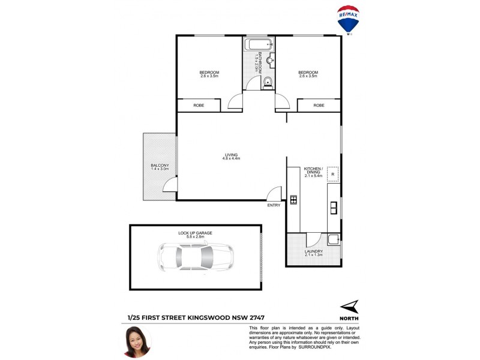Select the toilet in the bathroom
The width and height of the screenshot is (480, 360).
tap(268, 83)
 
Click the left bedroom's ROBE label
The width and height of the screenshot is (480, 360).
tap(199, 105)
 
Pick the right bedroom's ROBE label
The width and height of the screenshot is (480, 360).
tap(319, 105)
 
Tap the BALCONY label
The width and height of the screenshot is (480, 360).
tap(160, 166)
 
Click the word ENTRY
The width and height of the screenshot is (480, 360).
tap(274, 206)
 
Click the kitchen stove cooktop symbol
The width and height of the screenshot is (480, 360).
tap(293, 200)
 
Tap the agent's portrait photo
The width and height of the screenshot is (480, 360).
tap(137, 341)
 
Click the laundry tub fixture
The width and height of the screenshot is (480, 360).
tap(334, 239)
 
